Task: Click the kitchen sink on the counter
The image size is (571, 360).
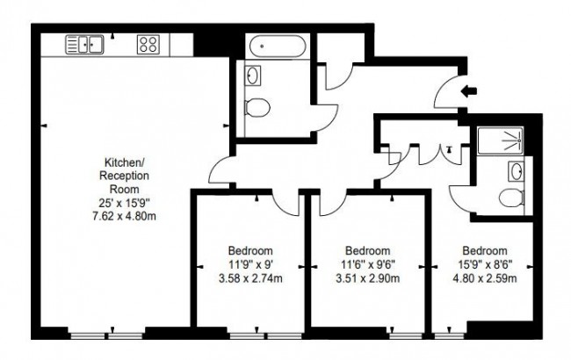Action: pyautogui.click(x=84, y=42)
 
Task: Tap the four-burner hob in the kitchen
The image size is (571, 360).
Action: pyautogui.click(x=148, y=42)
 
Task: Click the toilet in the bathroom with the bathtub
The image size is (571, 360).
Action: pyautogui.click(x=256, y=108)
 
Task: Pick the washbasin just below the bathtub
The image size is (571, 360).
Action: pyautogui.click(x=252, y=76)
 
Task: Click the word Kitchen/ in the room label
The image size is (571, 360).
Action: pyautogui.click(x=124, y=163)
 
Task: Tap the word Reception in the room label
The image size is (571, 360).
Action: pyautogui.click(x=124, y=176)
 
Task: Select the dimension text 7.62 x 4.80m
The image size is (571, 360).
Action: pyautogui.click(x=124, y=213)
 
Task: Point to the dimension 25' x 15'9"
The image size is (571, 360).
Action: pyautogui.click(x=124, y=201)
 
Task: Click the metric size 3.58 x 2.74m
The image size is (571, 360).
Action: pyautogui.click(x=250, y=280)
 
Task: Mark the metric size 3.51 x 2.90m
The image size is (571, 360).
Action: pyautogui.click(x=367, y=280)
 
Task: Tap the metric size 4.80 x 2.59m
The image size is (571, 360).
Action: pyautogui.click(x=485, y=280)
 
